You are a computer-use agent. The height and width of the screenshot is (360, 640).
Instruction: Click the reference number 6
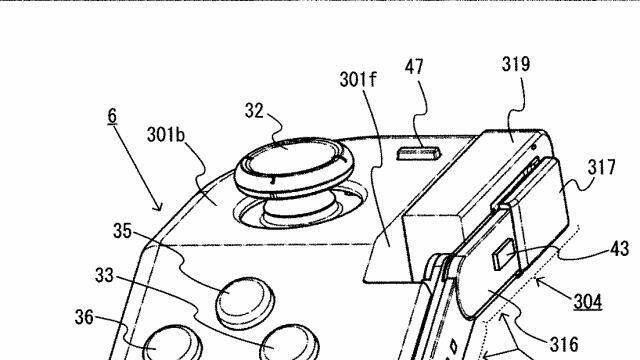112,116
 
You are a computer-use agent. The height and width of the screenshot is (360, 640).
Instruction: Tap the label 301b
166,134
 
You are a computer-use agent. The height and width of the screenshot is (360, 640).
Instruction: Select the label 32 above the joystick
254,110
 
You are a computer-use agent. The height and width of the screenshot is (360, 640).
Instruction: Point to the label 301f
358,80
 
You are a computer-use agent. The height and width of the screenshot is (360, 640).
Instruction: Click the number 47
414,67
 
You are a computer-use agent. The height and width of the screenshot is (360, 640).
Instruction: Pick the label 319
516,64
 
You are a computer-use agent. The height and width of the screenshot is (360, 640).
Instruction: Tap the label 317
601,167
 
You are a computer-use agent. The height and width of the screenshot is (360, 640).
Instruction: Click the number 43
620,248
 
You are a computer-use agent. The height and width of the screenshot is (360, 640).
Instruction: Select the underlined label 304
588,302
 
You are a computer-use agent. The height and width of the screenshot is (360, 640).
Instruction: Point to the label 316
564,344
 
